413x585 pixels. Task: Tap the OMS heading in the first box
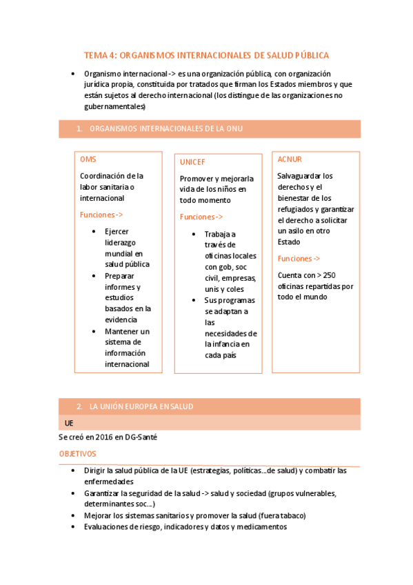tap(88, 159)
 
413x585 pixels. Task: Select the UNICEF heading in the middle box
tap(193, 161)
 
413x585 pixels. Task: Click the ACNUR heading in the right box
tap(290, 159)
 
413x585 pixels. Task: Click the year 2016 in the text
tap(103, 437)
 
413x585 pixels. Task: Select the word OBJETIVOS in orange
tap(77, 454)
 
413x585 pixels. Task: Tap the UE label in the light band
tap(68, 422)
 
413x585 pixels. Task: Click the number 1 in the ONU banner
tap(79, 128)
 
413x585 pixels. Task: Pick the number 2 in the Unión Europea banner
tap(79, 406)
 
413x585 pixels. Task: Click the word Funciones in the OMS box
tap(97, 215)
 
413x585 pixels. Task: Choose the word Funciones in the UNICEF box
tap(197, 217)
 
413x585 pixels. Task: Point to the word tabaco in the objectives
tap(293, 515)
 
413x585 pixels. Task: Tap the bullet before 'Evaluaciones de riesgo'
tap(74, 527)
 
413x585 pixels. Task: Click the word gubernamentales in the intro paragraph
tap(114, 107)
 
